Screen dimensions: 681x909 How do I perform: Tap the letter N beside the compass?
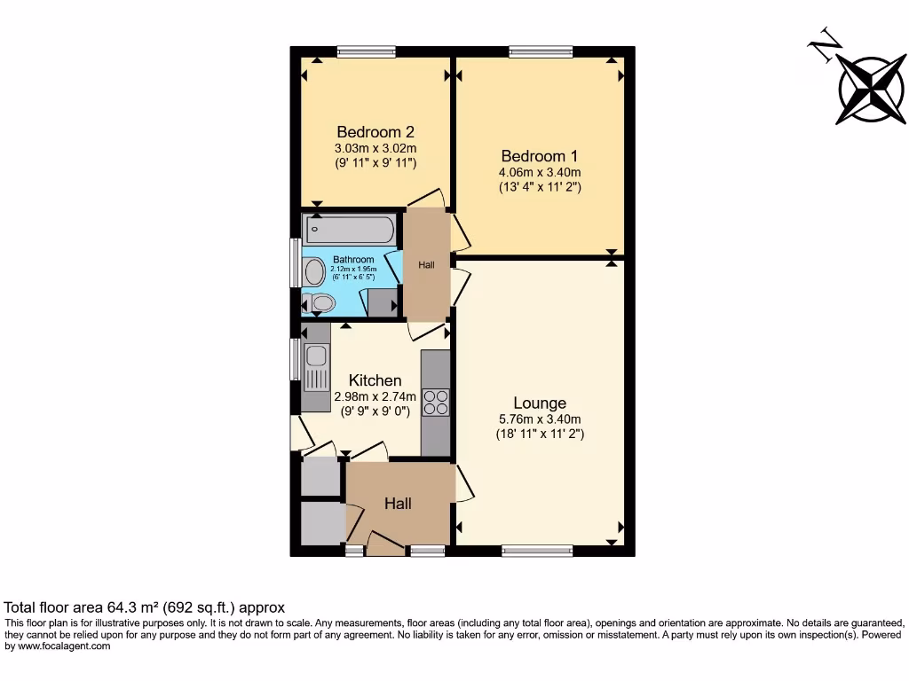pos(826,45)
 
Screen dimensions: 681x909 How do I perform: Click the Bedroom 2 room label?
pos(375,132)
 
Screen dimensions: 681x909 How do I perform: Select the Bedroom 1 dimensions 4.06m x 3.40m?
pos(540,173)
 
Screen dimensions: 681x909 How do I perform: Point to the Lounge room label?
pos(540,403)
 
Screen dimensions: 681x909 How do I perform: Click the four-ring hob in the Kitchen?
pos(436,403)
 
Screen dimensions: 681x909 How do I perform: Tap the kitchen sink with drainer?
pos(315,368)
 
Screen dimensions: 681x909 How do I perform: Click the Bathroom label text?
pos(352,260)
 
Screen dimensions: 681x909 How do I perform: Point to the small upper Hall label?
pos(426,264)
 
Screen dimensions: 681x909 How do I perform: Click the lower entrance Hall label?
pos(398,504)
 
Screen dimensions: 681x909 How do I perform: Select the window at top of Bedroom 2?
pos(365,51)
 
